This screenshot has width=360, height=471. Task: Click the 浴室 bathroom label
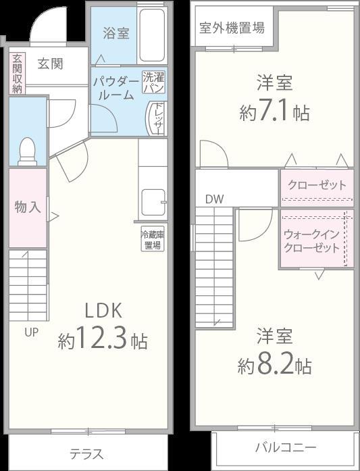point(115,33)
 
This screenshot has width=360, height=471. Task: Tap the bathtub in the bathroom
point(153,35)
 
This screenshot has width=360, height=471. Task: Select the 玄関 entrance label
point(50,64)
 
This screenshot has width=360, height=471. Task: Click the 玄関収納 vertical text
point(17,74)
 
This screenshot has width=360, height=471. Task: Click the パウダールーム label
point(115,89)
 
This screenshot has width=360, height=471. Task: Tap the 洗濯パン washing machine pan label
point(153,82)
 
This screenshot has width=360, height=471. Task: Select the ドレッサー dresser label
point(157,118)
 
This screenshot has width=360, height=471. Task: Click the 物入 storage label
point(28,207)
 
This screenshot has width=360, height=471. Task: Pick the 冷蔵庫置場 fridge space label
point(153,239)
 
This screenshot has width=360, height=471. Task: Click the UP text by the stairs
point(32,332)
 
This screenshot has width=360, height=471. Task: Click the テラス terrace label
point(86,453)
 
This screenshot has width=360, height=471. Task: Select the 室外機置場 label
point(232,29)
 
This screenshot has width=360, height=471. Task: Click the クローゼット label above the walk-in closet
point(317,184)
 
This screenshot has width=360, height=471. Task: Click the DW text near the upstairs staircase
point(214,199)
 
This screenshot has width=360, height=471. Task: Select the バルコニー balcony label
point(285,447)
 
